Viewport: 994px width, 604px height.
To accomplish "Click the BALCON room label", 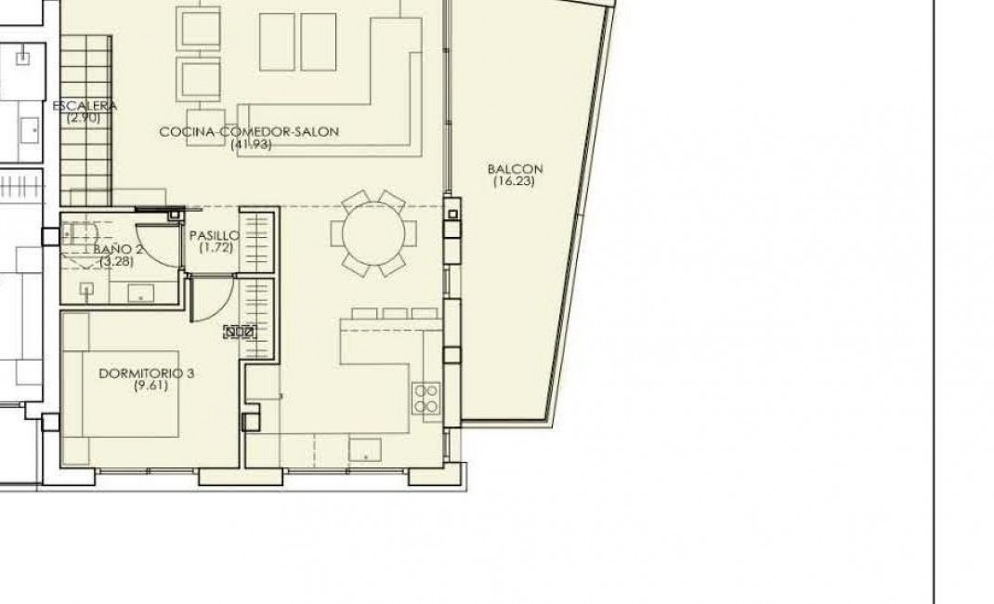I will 514,169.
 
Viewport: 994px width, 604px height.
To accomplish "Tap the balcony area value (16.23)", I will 514,182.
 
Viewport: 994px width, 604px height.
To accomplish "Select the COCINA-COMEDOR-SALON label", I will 249,132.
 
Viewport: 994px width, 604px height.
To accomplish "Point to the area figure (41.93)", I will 249,144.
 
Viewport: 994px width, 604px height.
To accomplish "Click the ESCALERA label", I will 85,106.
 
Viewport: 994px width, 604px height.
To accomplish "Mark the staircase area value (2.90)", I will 85,118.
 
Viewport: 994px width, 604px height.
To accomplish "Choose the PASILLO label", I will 215,236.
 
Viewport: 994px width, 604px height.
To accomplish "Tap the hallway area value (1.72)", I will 215,248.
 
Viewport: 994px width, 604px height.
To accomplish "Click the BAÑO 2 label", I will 118,249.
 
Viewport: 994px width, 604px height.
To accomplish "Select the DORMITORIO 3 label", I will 146,374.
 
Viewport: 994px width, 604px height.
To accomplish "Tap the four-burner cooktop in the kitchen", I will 425,398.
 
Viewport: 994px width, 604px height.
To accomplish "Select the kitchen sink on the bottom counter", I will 363,450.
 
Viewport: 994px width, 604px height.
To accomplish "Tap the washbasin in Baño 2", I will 140,295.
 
